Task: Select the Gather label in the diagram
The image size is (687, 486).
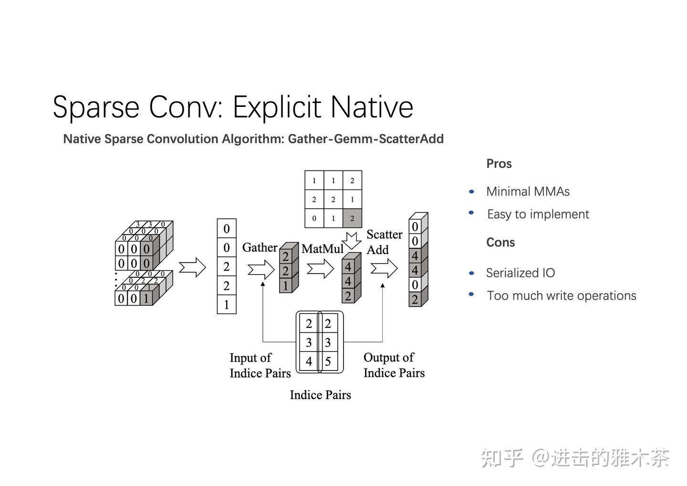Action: (260, 247)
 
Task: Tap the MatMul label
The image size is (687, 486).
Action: (322, 249)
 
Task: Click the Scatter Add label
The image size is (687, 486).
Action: (384, 242)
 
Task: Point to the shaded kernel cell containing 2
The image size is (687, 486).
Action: (352, 218)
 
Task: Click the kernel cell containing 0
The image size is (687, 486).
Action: (314, 218)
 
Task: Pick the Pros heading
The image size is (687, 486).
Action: (499, 164)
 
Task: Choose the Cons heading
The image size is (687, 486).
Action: (500, 243)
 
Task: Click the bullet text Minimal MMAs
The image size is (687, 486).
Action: (528, 191)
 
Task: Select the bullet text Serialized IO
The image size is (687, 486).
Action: (520, 273)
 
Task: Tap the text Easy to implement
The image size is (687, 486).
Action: (538, 214)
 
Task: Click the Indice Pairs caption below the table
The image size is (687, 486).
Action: (320, 395)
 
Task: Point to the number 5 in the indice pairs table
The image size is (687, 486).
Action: (328, 361)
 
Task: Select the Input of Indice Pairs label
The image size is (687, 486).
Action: (260, 365)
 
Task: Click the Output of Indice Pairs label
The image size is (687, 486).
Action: (394, 365)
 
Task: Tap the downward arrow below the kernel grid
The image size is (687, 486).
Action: (353, 240)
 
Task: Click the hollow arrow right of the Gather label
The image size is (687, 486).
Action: (261, 270)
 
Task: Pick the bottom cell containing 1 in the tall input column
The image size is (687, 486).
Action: (227, 305)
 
